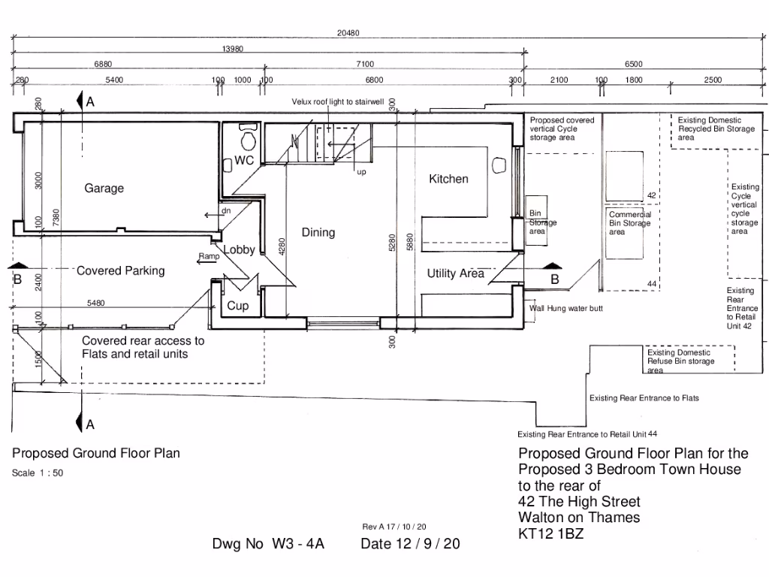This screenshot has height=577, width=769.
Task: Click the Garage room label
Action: click(x=104, y=189)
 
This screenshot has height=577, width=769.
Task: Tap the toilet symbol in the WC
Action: click(x=247, y=139)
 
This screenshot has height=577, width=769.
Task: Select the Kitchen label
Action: click(x=448, y=179)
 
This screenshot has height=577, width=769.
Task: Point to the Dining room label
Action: click(x=318, y=232)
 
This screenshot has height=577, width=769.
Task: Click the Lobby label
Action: click(x=240, y=249)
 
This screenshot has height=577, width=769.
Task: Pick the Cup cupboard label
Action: click(x=238, y=306)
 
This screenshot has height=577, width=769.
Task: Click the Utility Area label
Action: click(x=456, y=273)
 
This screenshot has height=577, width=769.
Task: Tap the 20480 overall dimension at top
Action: click(x=370, y=32)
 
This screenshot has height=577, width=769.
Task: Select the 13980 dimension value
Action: click(x=232, y=49)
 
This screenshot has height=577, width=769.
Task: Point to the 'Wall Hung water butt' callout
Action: click(x=565, y=309)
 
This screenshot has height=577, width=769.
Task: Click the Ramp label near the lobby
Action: click(x=208, y=257)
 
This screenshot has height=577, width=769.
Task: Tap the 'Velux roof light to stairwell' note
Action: click(x=338, y=101)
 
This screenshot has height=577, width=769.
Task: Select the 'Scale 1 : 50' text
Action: click(x=38, y=473)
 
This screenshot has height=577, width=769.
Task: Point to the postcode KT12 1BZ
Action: click(x=550, y=534)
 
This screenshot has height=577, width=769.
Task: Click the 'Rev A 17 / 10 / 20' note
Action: click(x=394, y=527)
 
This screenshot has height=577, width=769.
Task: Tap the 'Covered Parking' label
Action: click(x=120, y=270)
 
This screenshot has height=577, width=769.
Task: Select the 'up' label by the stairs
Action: click(x=361, y=171)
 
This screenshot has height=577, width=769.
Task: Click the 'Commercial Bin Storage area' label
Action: click(x=629, y=223)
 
